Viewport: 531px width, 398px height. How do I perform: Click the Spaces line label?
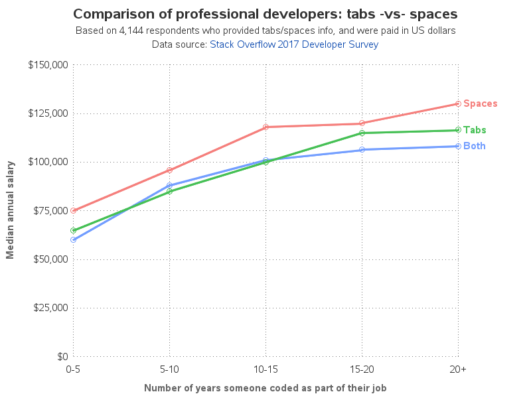pyautogui.click(x=480, y=103)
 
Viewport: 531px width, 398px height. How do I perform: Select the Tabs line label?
pyautogui.click(x=475, y=130)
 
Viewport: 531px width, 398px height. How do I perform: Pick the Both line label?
pyautogui.click(x=474, y=146)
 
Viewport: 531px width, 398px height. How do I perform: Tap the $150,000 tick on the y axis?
pyautogui.click(x=48, y=65)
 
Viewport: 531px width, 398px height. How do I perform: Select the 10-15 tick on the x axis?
pyautogui.click(x=266, y=369)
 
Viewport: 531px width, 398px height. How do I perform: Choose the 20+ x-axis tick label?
pyautogui.click(x=459, y=369)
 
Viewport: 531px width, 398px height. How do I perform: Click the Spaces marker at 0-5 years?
pyautogui.click(x=74, y=210)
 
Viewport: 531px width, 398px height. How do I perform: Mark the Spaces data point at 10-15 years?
pyautogui.click(x=266, y=127)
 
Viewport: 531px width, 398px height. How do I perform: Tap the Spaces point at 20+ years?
pyautogui.click(x=459, y=103)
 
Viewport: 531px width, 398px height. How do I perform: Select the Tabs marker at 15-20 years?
pyautogui.click(x=362, y=133)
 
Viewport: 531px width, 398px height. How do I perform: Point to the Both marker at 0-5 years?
pyautogui.click(x=74, y=239)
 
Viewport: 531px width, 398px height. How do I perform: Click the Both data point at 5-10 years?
pyautogui.click(x=170, y=185)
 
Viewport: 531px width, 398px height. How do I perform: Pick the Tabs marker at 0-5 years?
pyautogui.click(x=74, y=230)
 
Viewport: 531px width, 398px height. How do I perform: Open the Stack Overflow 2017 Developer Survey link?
pyautogui.click(x=294, y=44)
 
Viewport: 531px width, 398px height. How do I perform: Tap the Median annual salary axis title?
pyautogui.click(x=11, y=210)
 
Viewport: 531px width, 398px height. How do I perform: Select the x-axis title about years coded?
pyautogui.click(x=265, y=387)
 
